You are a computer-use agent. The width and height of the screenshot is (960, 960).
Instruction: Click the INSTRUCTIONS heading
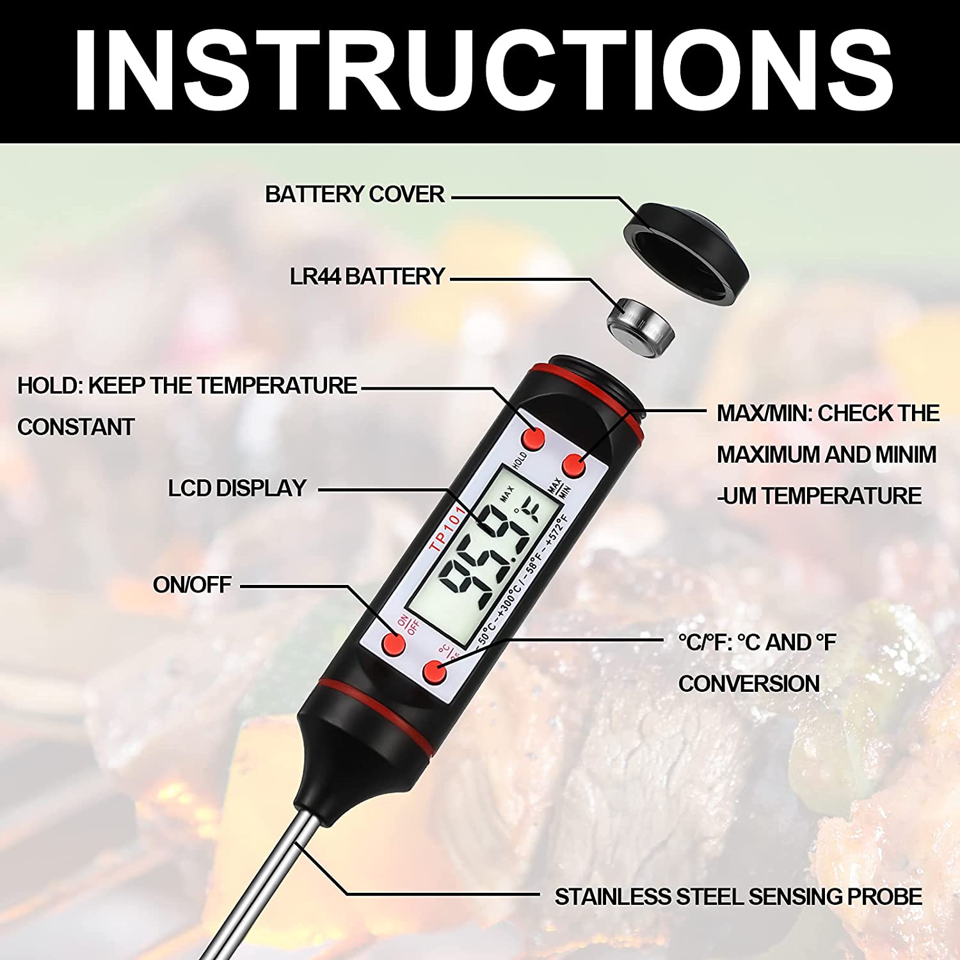(483, 70)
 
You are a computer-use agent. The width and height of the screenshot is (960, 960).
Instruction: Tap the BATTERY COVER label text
(355, 195)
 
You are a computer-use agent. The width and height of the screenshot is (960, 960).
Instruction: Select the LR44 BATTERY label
(367, 276)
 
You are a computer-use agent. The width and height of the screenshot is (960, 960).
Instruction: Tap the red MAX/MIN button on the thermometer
(573, 465)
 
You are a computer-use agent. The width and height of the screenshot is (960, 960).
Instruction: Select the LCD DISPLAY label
(237, 488)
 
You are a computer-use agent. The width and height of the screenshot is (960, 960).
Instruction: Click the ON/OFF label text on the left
(192, 585)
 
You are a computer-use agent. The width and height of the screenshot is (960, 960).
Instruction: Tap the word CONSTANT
(76, 427)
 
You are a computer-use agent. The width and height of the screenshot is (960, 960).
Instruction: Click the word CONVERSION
(749, 684)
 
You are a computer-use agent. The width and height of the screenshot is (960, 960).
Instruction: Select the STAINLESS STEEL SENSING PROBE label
(738, 897)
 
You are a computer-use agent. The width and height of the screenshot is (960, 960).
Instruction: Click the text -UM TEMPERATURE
(819, 496)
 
